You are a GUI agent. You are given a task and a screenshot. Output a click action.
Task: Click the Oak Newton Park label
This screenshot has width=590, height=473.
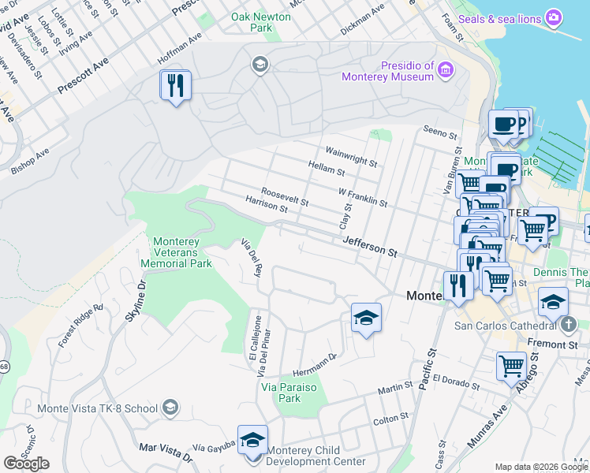(251, 22)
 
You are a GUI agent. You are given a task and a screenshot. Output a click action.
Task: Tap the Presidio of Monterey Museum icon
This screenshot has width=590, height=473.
(446, 71)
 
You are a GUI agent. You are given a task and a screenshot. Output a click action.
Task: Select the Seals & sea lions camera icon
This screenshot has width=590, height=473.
(554, 17)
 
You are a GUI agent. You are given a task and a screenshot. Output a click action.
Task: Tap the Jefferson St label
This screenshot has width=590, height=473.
(369, 249)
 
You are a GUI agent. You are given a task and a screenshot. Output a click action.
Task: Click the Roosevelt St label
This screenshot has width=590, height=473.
(284, 196)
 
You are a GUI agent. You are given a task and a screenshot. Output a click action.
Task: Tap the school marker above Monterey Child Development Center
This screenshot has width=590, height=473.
(252, 439)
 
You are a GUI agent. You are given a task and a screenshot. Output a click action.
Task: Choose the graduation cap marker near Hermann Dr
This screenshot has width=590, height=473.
(366, 318)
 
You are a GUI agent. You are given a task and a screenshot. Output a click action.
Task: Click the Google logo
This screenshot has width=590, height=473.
(26, 464)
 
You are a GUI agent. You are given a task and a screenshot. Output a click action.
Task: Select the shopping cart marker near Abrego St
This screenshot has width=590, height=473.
(511, 366)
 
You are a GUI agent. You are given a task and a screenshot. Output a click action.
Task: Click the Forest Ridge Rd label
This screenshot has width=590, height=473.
(81, 326)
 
